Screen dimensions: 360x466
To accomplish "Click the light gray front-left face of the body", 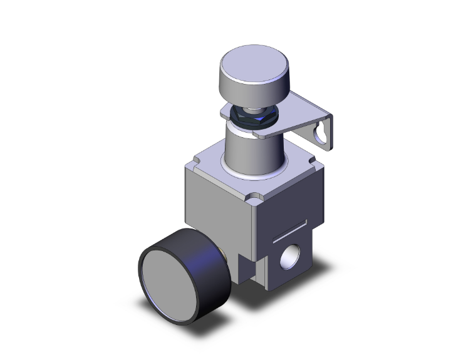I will point(219,213).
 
